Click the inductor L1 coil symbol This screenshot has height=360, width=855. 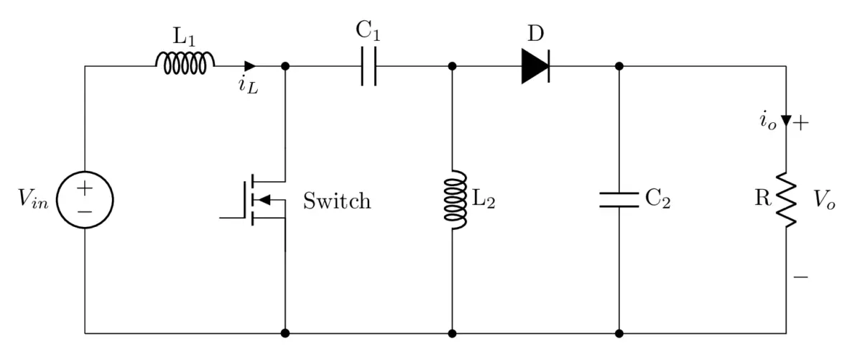point(185,64)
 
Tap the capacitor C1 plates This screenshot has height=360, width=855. point(369,67)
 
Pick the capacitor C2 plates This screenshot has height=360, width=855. point(619,200)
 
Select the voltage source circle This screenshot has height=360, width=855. point(85,200)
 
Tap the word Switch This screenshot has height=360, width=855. point(337,200)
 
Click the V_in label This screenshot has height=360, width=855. point(34,200)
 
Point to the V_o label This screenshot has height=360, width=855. point(824,200)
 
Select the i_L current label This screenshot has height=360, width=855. point(248,86)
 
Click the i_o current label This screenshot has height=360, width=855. point(767,121)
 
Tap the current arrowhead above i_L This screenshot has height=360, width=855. point(250,67)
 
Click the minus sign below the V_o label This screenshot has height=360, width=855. point(801,276)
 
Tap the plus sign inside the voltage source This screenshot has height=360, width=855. point(85,189)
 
